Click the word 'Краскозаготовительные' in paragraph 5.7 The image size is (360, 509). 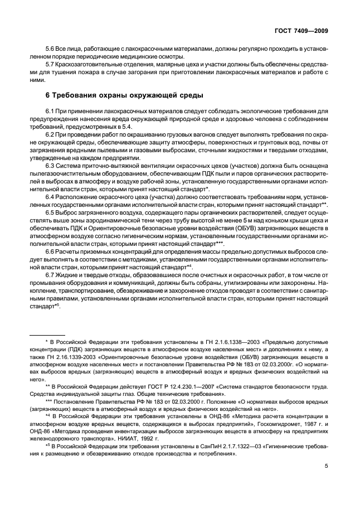[93, 65]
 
